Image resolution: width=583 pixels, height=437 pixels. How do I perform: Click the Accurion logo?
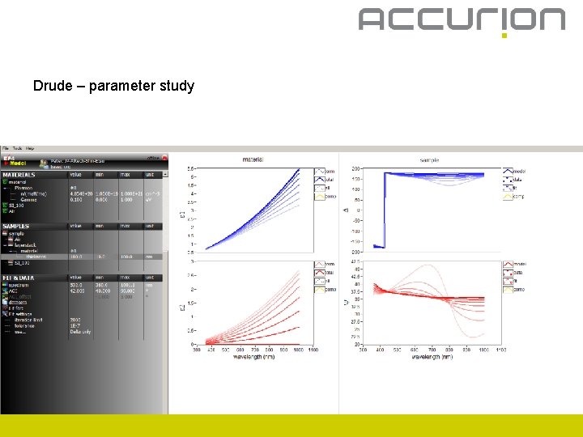coord(462,20)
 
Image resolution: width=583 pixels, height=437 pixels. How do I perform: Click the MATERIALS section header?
coord(19,175)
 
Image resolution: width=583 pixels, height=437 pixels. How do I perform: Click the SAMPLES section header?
coord(17,227)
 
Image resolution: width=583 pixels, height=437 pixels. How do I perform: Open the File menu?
coord(6,149)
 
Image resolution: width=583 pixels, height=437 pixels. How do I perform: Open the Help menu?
coord(30,149)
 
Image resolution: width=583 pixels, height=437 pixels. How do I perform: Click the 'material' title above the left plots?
coord(253,160)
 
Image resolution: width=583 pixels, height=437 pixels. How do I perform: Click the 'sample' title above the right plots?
coord(429,160)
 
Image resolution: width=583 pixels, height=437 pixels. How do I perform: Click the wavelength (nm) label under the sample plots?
coord(431,357)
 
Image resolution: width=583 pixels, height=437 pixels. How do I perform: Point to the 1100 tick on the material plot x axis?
coord(313,350)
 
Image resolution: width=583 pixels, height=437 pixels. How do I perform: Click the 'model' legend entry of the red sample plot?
coord(517,264)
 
